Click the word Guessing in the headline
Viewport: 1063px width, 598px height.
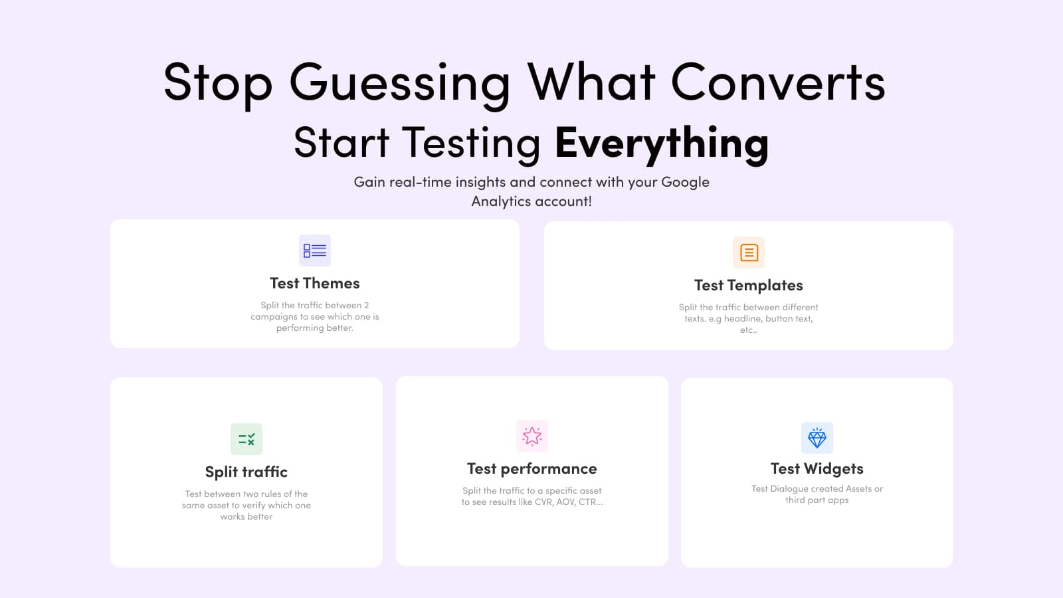coord(399,83)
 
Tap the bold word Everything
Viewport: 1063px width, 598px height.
coord(662,143)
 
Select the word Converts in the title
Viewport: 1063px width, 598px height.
coord(777,83)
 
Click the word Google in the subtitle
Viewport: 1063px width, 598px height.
coord(685,182)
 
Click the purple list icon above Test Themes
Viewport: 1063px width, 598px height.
coord(314,250)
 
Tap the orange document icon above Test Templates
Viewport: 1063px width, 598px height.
coord(749,252)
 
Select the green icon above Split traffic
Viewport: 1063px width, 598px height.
coord(246,439)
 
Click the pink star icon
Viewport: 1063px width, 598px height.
coord(532,436)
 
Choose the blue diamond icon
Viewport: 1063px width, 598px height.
coord(817,438)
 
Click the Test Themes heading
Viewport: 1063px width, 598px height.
coord(314,284)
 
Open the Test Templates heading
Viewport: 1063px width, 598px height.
coord(748,286)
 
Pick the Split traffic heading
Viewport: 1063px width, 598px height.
coord(246,472)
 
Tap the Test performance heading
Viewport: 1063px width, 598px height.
coord(531,469)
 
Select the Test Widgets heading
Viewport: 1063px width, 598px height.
coord(817,469)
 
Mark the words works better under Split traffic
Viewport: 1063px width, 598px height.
coord(246,517)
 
